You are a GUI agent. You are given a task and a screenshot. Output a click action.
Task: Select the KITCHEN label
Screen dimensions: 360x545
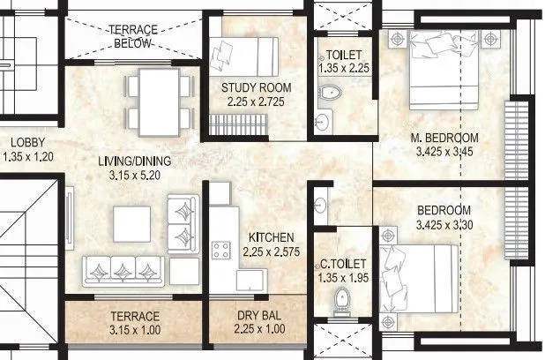coord(272,238)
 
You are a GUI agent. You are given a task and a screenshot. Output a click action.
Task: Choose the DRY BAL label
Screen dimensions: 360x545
coord(258,317)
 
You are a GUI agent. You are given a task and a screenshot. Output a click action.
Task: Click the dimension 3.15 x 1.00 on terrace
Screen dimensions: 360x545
coord(135,331)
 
